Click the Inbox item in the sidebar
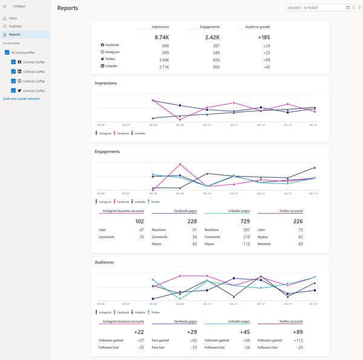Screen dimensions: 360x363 pyautogui.click(x=13, y=19)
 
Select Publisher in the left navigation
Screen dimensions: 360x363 pyautogui.click(x=15, y=27)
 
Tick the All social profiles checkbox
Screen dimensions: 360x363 pyautogui.click(x=7, y=53)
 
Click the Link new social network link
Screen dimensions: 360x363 pyautogui.click(x=21, y=98)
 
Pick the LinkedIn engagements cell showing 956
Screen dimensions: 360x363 pyautogui.click(x=215, y=67)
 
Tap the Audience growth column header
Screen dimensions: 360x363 pyautogui.click(x=261, y=27)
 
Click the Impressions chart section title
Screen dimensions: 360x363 pyautogui.click(x=106, y=83)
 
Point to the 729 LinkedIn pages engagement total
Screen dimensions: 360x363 pyautogui.click(x=244, y=221)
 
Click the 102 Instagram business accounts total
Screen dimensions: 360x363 pyautogui.click(x=139, y=221)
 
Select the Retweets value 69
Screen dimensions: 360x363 pyautogui.click(x=299, y=244)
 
